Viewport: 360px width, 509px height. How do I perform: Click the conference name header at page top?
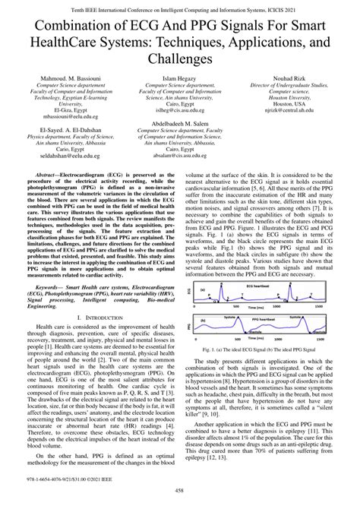[179, 7]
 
